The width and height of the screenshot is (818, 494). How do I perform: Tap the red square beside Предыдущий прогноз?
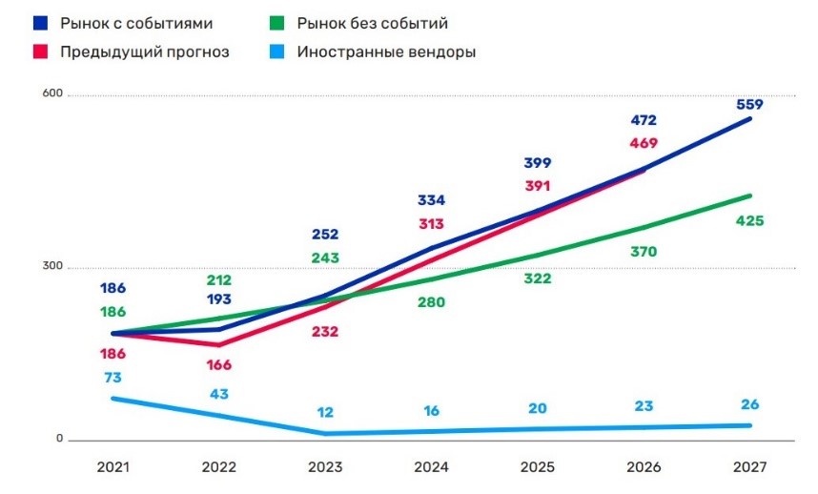(x=40, y=51)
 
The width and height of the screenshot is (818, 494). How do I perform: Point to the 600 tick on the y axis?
(x=51, y=93)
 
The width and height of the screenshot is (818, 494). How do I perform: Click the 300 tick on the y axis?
(x=51, y=266)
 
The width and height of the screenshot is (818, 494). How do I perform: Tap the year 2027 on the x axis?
(x=748, y=469)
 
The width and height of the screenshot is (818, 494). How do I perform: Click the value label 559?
(x=749, y=104)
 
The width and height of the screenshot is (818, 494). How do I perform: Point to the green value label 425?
(x=749, y=221)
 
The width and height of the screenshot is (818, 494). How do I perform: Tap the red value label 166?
(x=218, y=364)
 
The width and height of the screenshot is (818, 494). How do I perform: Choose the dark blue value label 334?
(x=432, y=200)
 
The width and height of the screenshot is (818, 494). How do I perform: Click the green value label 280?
(x=432, y=302)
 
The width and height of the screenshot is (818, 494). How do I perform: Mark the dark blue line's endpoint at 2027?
(x=750, y=118)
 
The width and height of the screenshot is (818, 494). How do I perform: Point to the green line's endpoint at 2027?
(x=750, y=196)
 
